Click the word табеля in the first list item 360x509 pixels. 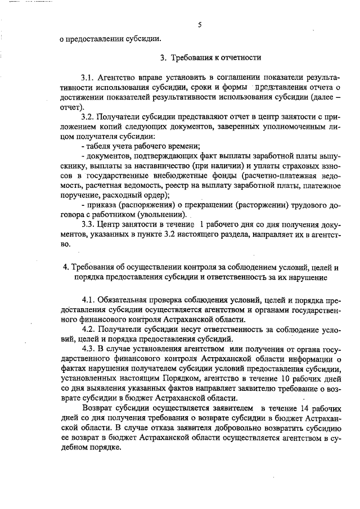pyautogui.click(x=100, y=146)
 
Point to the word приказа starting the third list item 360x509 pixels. pyautogui.click(x=100, y=205)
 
